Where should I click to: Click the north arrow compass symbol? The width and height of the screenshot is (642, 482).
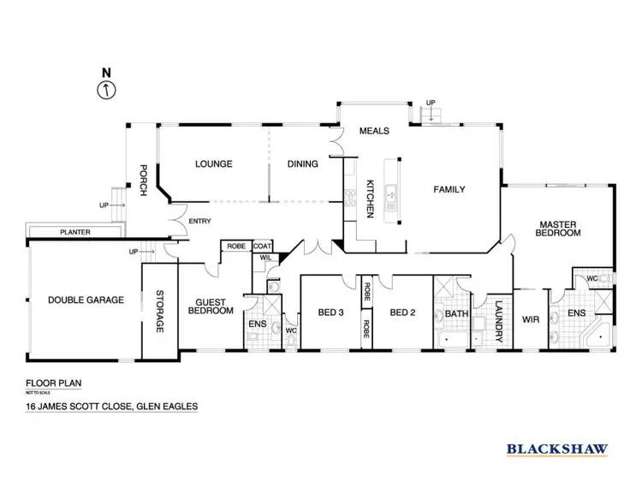pyautogui.click(x=106, y=89)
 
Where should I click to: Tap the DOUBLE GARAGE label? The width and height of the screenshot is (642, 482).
pyautogui.click(x=86, y=300)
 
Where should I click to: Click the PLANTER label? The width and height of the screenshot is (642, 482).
pyautogui.click(x=75, y=232)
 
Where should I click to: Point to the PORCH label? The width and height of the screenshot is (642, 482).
pyautogui.click(x=144, y=180)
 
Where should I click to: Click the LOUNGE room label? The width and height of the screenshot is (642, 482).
pyautogui.click(x=213, y=164)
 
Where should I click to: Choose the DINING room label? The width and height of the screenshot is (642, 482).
pyautogui.click(x=302, y=164)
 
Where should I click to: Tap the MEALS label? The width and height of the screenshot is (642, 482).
pyautogui.click(x=374, y=131)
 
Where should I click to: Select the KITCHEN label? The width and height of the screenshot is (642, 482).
pyautogui.click(x=371, y=198)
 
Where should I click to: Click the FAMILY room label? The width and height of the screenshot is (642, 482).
pyautogui.click(x=448, y=189)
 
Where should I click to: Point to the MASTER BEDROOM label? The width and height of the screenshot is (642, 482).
pyautogui.click(x=557, y=229)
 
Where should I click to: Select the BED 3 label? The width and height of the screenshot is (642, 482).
pyautogui.click(x=330, y=312)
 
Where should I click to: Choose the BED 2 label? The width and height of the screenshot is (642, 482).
pyautogui.click(x=402, y=312)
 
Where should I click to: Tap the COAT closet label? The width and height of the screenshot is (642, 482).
pyautogui.click(x=263, y=246)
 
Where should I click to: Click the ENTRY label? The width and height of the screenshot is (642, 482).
pyautogui.click(x=199, y=222)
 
